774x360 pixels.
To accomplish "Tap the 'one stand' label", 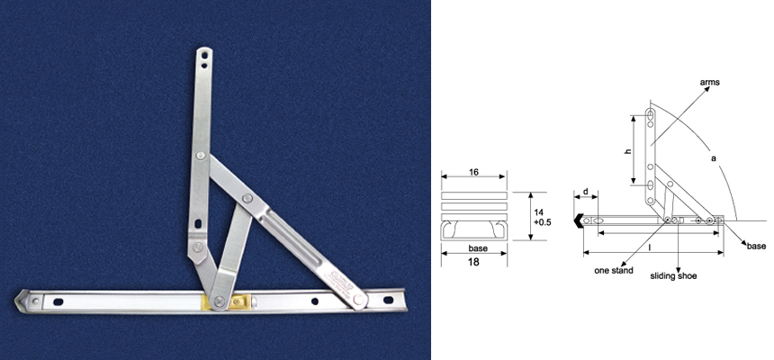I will (615, 269).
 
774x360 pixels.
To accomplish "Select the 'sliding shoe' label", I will (673, 277).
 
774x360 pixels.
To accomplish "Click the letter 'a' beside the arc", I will (713, 158).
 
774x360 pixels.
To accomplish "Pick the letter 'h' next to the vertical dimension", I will (627, 150).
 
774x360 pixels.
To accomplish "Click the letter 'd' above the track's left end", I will (585, 192).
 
